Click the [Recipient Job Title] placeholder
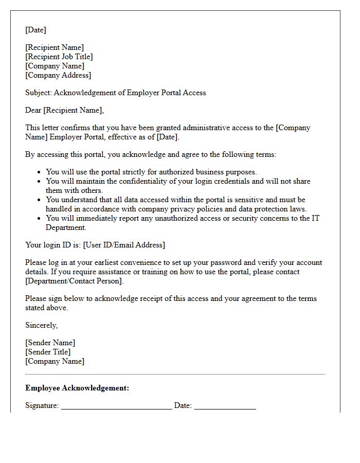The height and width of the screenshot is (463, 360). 59,57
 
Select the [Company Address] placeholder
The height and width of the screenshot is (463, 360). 58,75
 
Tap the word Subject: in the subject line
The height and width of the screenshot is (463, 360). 39,93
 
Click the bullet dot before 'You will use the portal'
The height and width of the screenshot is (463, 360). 40,172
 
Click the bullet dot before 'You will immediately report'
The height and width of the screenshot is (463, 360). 40,219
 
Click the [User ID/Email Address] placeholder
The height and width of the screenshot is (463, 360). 124,245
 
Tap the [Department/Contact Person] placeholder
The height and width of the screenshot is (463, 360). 75,281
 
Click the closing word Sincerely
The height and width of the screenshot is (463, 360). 41,325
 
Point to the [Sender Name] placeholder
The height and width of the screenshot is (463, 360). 50,343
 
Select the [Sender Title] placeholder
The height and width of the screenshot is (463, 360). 48,352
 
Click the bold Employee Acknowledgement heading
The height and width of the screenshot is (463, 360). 77,388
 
